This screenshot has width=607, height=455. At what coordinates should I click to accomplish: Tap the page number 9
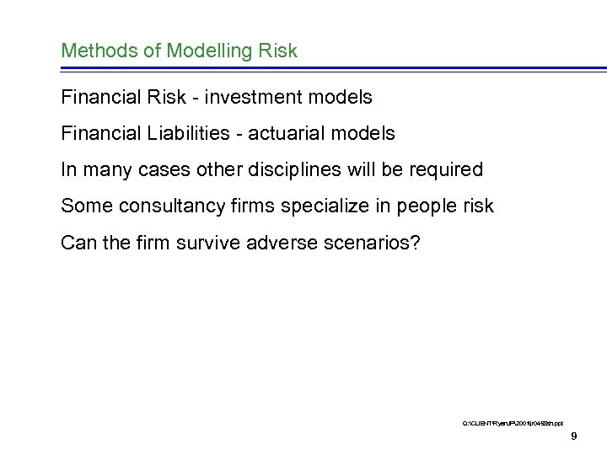coord(573,436)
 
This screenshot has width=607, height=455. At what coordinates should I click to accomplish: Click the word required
coord(448,170)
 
